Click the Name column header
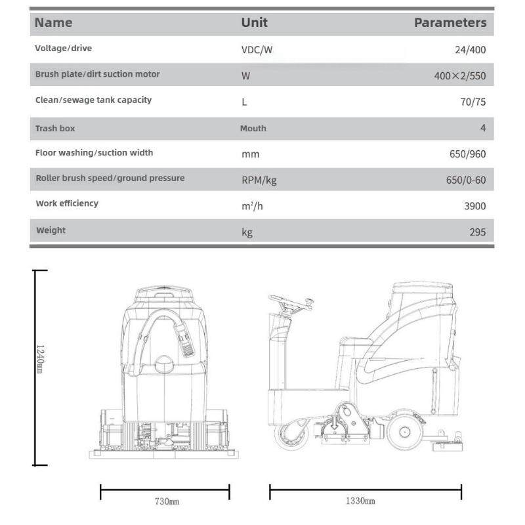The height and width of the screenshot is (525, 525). point(53,22)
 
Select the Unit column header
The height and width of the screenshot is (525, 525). point(254,22)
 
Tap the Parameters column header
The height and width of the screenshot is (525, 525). point(450,22)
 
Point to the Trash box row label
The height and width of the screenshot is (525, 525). point(55,129)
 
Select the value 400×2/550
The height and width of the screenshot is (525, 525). point(459,75)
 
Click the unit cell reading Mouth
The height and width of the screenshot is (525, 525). point(253,129)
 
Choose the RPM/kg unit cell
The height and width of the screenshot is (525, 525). point(259,180)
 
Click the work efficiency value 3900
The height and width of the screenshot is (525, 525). point(474,206)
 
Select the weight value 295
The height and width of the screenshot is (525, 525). point(478,232)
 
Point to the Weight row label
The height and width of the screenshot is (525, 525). point(51,230)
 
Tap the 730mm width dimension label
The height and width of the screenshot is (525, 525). point(167,501)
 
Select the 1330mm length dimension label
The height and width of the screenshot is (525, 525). point(360,501)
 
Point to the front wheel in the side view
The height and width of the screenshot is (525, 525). point(291,434)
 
